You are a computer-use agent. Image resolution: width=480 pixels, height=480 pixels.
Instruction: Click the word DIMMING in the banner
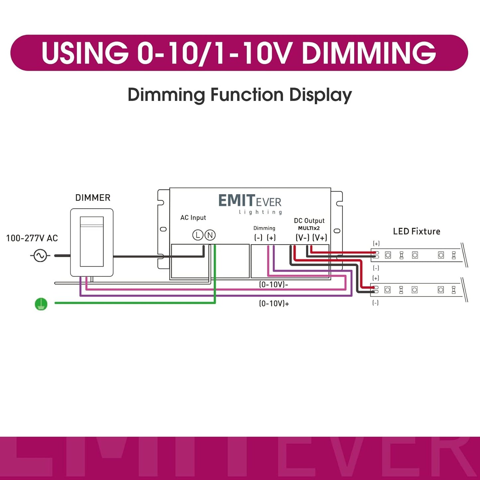(x=369, y=53)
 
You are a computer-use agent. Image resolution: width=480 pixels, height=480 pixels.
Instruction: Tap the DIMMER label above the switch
(x=93, y=198)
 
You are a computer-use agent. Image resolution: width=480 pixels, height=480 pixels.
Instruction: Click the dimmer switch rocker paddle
(x=92, y=241)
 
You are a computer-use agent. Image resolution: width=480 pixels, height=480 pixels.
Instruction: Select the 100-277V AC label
(x=32, y=238)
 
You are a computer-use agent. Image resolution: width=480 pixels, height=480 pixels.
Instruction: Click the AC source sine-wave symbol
(x=40, y=256)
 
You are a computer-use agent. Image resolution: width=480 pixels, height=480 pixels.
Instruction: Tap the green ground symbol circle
(x=41, y=304)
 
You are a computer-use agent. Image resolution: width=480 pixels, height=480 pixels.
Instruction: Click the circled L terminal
(x=198, y=235)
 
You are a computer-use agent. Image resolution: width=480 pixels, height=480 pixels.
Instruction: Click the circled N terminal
(x=210, y=235)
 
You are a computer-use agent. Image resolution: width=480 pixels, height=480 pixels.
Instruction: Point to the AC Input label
(x=193, y=218)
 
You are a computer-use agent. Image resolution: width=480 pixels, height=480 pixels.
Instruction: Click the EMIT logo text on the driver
(x=237, y=201)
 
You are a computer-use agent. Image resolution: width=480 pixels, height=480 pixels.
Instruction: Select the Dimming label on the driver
(x=264, y=228)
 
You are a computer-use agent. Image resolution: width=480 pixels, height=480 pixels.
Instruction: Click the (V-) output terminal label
(x=302, y=238)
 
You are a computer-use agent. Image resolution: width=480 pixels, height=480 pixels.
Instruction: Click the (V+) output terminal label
(x=320, y=238)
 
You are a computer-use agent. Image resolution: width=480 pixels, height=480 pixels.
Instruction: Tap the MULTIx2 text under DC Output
(x=309, y=228)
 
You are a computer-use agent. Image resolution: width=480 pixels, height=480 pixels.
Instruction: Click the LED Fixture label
(x=417, y=232)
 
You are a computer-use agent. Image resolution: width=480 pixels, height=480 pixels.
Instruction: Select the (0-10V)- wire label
(x=273, y=285)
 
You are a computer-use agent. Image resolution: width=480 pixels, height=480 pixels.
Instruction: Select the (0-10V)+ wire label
(x=274, y=304)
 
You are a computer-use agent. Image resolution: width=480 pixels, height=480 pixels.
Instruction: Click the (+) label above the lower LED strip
(x=376, y=278)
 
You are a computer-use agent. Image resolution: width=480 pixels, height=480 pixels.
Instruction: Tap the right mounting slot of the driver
(x=337, y=231)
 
